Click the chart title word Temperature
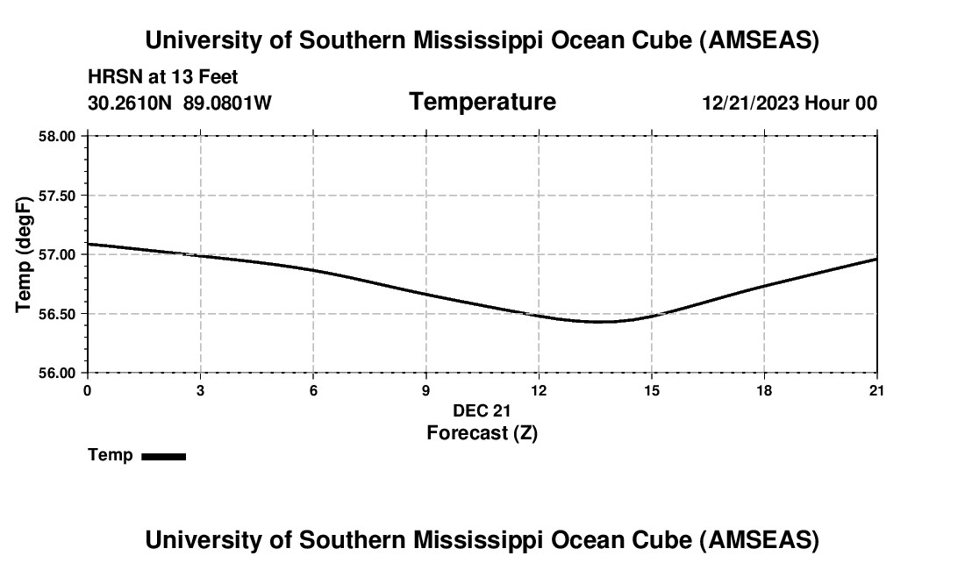482,102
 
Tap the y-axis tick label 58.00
58,136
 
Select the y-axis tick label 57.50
58,196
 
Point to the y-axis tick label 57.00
58,254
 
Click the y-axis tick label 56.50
58,314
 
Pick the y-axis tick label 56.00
58,373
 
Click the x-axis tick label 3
201,390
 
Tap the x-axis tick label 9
426,390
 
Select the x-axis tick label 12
539,390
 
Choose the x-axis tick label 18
764,390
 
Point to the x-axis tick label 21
876,390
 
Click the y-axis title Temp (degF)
25,254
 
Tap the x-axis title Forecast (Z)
482,432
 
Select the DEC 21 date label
482,410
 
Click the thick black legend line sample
163,456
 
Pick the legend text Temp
111,455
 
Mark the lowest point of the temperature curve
600,322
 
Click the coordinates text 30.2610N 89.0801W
180,103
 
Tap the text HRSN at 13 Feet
163,78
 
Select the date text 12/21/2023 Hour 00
790,103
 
